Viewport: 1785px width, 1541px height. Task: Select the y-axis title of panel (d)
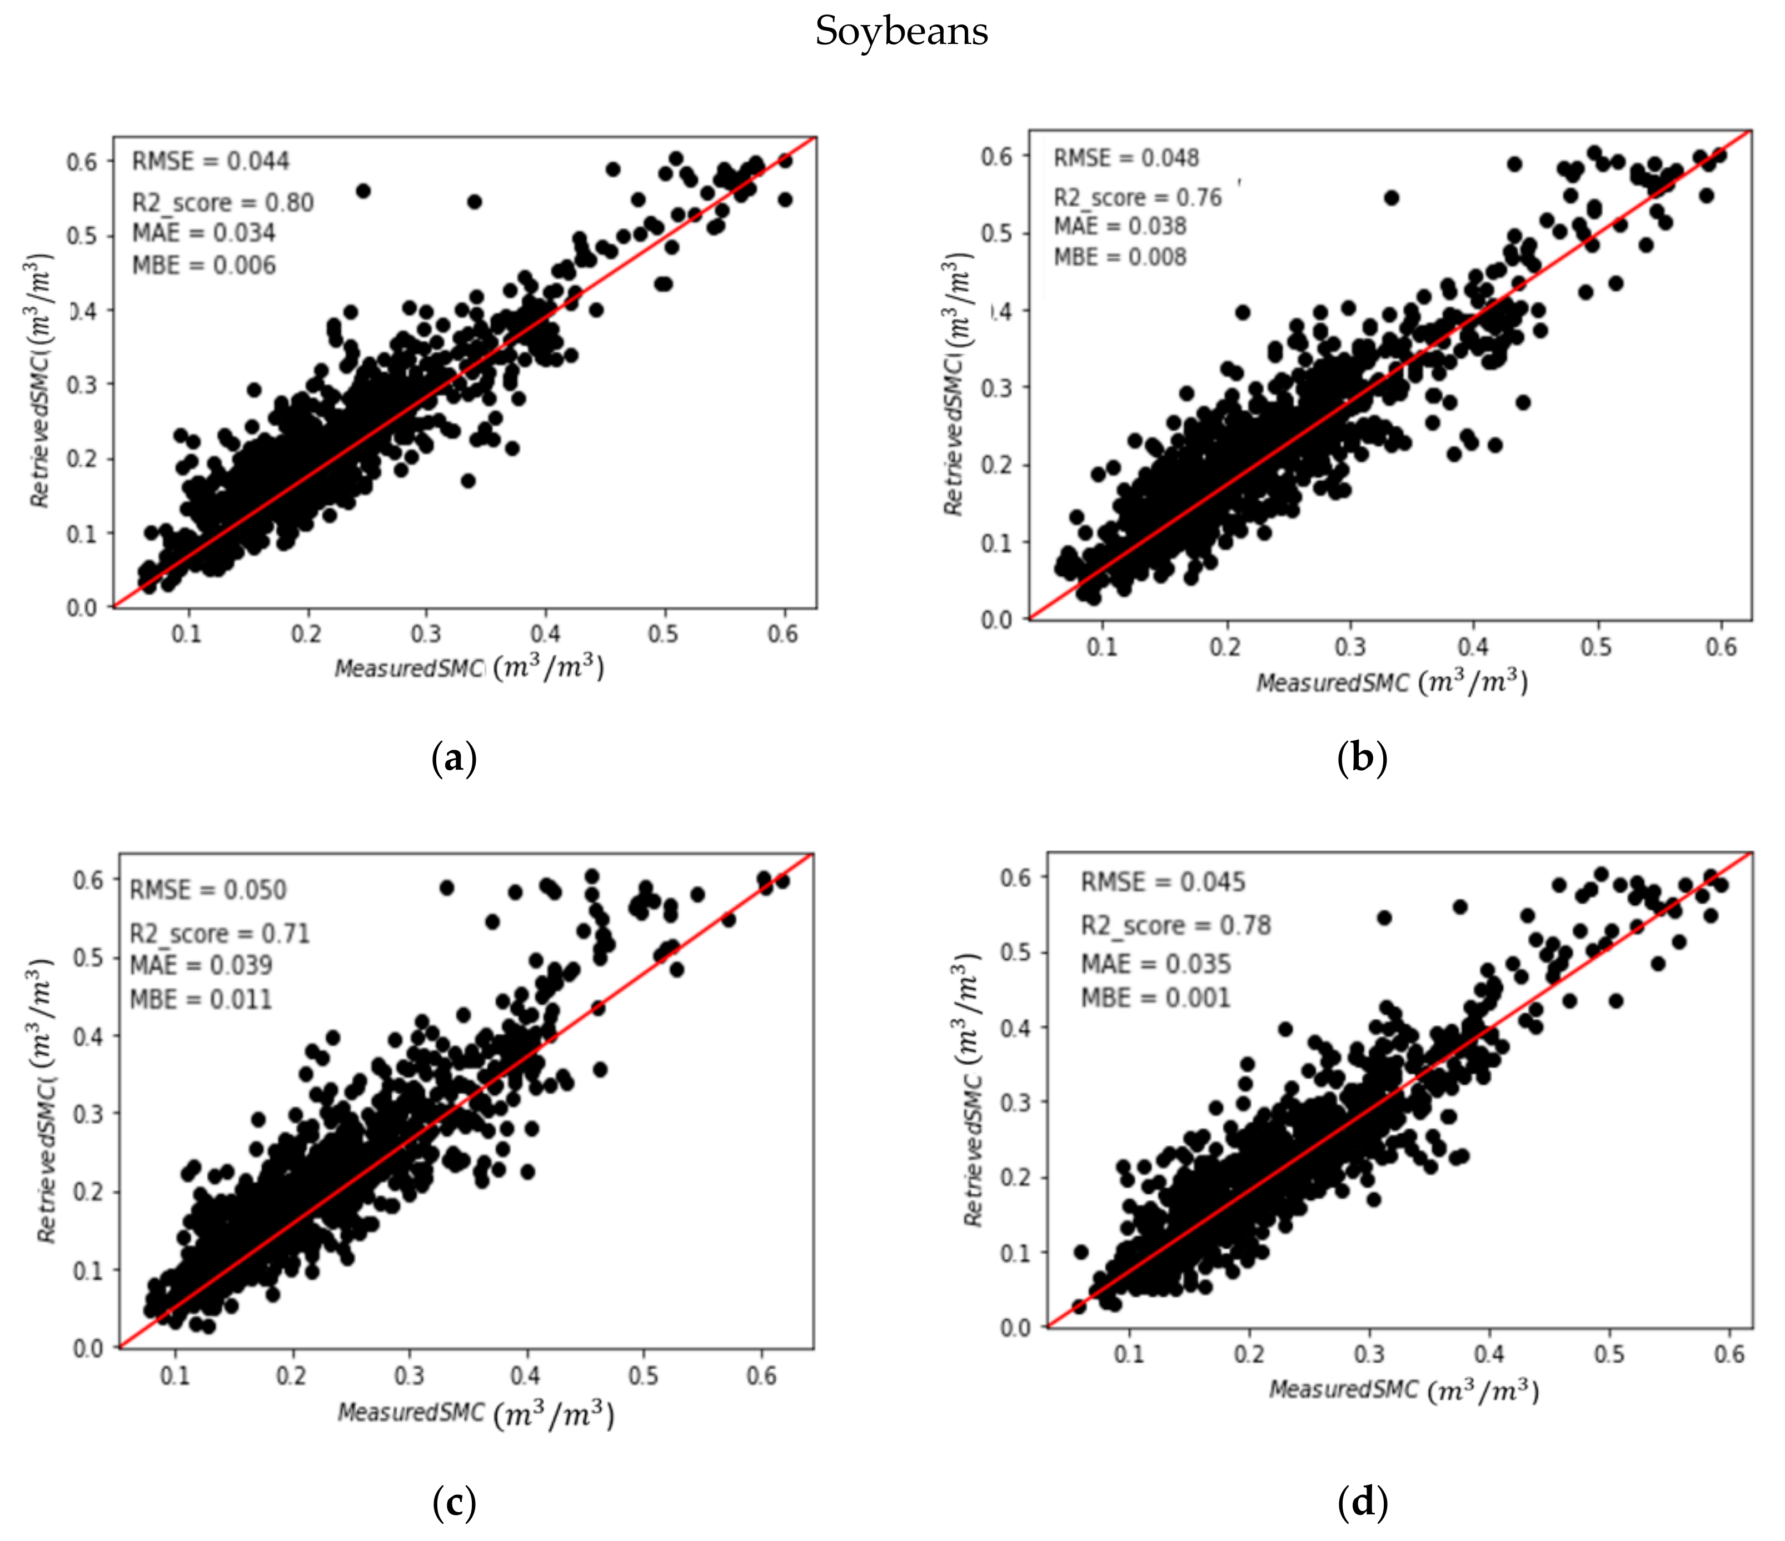tap(973, 1090)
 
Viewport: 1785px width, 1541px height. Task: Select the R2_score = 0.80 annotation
tap(222, 203)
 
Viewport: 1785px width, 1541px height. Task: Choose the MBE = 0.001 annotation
tap(1155, 998)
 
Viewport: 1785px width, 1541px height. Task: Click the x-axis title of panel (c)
tap(476, 1414)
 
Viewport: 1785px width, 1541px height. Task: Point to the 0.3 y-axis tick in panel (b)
tap(997, 388)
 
